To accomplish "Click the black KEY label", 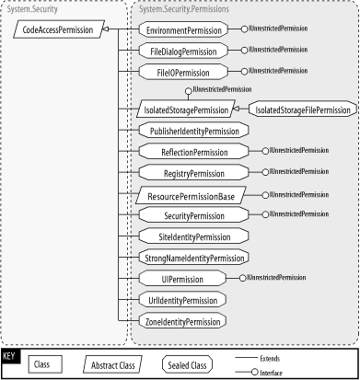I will (10, 354).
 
